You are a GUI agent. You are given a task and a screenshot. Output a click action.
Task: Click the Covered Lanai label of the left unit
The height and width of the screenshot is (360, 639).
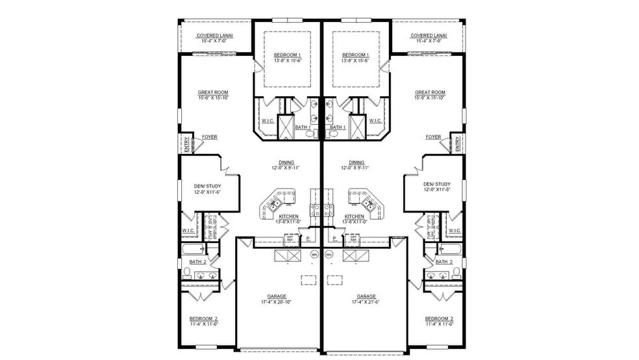click(x=217, y=36)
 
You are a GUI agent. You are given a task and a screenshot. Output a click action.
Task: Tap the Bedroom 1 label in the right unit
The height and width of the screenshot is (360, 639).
click(x=355, y=55)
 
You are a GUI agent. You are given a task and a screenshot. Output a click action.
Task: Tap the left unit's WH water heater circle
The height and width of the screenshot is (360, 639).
click(x=314, y=255)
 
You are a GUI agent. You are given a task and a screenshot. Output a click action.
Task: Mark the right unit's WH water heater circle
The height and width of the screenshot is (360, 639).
click(x=329, y=255)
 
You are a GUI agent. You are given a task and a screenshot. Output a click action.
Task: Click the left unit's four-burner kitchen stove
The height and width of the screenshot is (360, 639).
click(x=315, y=209)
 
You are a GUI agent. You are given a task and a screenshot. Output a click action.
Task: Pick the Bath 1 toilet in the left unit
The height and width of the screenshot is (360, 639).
click(x=311, y=134)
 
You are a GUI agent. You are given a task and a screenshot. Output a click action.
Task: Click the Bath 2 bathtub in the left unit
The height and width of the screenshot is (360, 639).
click(x=194, y=248)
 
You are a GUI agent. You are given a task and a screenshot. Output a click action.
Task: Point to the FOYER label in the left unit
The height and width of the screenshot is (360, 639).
click(x=209, y=137)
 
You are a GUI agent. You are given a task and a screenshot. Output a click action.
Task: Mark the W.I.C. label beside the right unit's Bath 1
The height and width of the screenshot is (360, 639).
click(x=375, y=120)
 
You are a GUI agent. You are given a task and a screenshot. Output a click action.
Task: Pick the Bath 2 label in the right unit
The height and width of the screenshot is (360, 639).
click(x=444, y=261)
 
